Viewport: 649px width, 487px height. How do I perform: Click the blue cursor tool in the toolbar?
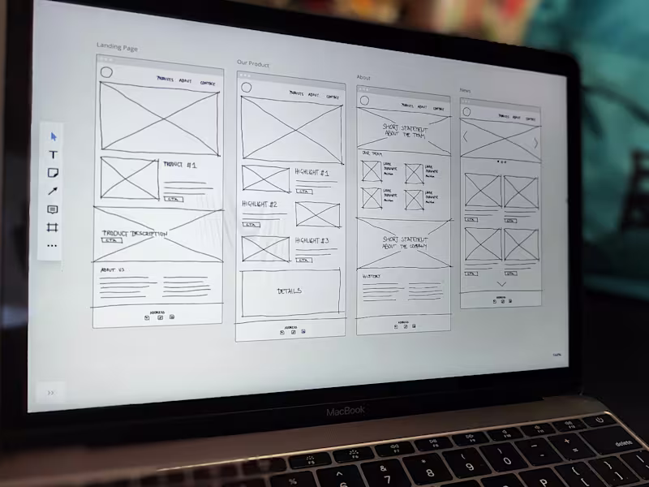pyautogui.click(x=54, y=136)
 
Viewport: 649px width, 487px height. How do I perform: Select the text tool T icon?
pyautogui.click(x=54, y=154)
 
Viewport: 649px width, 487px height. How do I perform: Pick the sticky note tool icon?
pyautogui.click(x=54, y=173)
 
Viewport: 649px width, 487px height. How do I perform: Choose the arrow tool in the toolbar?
pyautogui.click(x=54, y=191)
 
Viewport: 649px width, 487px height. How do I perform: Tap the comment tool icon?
pyautogui.click(x=54, y=209)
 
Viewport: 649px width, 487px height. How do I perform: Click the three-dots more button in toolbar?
pyautogui.click(x=53, y=245)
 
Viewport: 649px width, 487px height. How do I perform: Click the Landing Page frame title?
pyautogui.click(x=117, y=47)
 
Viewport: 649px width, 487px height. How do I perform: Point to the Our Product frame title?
pyautogui.click(x=253, y=63)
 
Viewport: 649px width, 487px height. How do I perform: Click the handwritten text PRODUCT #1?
pyautogui.click(x=179, y=165)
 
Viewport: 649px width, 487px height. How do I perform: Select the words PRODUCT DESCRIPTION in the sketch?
pyautogui.click(x=135, y=233)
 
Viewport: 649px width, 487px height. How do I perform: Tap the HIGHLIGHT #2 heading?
pyautogui.click(x=260, y=205)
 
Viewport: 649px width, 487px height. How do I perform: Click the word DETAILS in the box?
pyautogui.click(x=290, y=291)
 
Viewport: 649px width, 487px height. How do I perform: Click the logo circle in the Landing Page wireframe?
pyautogui.click(x=106, y=73)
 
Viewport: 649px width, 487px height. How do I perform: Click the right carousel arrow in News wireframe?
pyautogui.click(x=535, y=143)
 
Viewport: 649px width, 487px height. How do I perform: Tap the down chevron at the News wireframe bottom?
pyautogui.click(x=501, y=284)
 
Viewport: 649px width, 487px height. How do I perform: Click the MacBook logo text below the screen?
pyautogui.click(x=346, y=412)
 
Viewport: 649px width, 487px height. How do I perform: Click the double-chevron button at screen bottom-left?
pyautogui.click(x=51, y=392)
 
